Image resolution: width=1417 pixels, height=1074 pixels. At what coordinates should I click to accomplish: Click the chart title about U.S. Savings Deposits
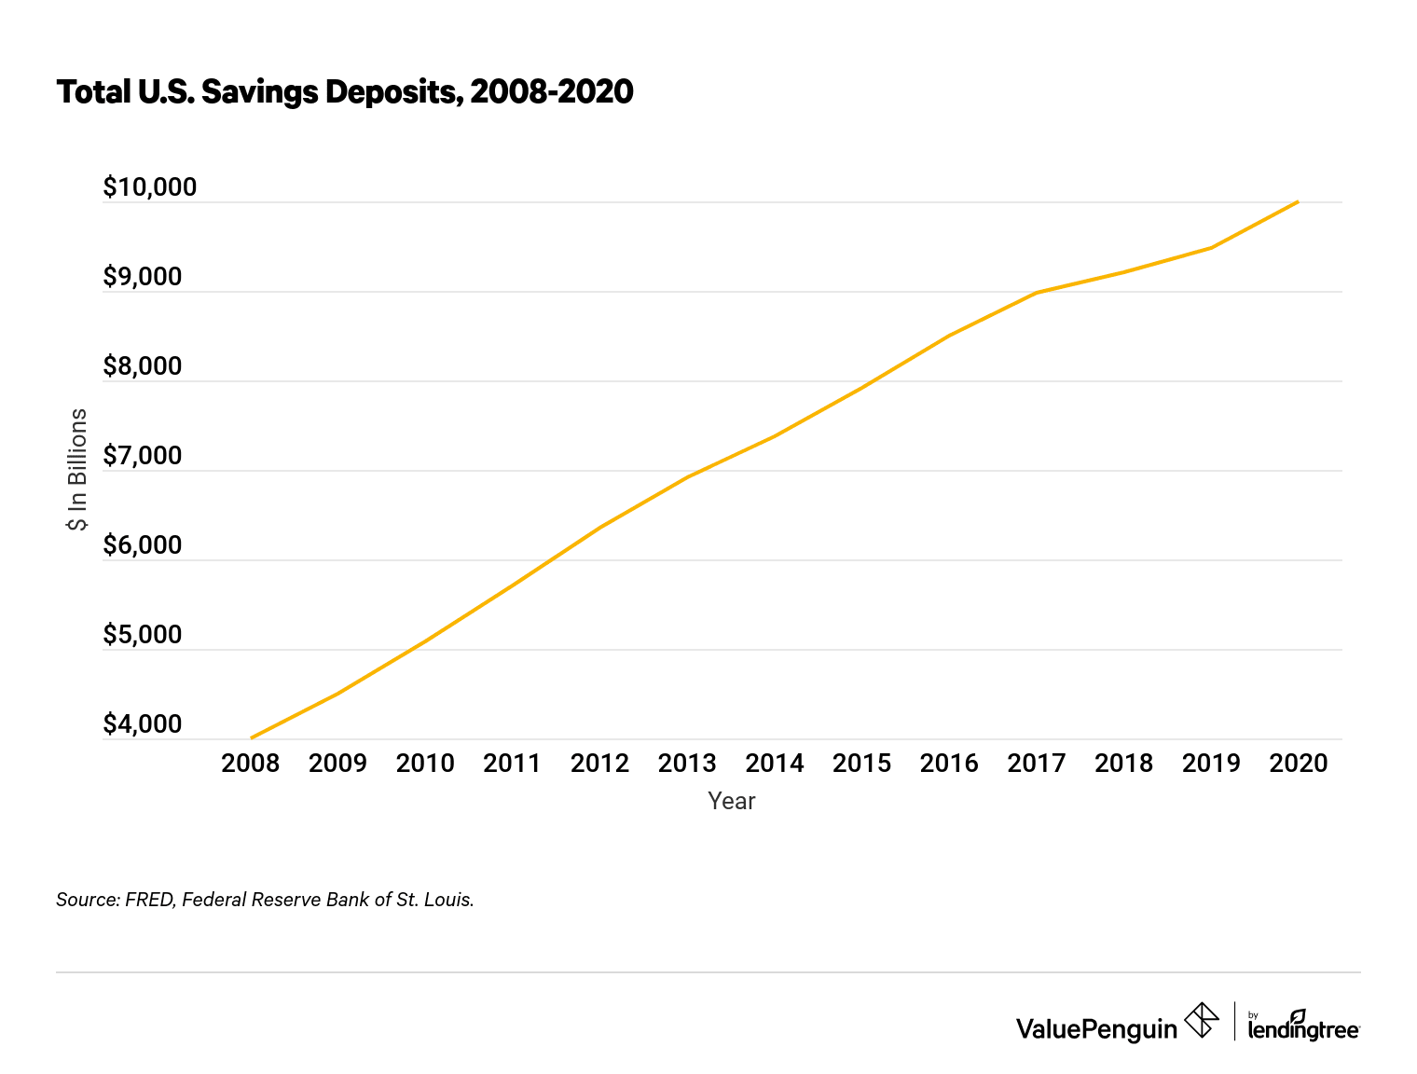tap(345, 92)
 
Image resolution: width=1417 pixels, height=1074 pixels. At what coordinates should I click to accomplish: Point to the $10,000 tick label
tap(150, 187)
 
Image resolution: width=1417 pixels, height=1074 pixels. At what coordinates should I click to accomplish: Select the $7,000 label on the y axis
tap(143, 456)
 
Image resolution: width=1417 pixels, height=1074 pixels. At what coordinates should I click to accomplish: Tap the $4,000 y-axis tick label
tap(143, 724)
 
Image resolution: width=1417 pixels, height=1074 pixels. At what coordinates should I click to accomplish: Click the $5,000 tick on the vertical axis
tap(143, 635)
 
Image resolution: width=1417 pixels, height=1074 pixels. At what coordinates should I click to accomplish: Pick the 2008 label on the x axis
tap(251, 764)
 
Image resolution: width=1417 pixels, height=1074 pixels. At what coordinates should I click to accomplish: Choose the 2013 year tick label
tap(687, 764)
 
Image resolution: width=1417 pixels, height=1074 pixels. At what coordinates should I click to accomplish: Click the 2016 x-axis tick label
tap(949, 764)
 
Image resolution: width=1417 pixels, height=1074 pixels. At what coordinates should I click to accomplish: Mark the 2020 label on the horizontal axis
tap(1299, 764)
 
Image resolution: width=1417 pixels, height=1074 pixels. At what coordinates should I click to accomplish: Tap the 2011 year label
tap(513, 764)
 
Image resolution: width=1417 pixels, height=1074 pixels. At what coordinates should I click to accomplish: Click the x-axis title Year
tap(731, 801)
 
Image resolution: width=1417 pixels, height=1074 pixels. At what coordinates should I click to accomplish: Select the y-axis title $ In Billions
tap(77, 470)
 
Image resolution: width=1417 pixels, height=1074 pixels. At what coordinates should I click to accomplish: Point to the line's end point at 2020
tap(1298, 201)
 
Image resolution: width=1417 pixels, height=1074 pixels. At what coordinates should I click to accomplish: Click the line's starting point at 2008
tap(252, 737)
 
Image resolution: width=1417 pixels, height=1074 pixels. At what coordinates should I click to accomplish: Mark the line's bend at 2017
tap(1037, 293)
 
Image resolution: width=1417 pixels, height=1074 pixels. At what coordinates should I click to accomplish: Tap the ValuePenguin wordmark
tap(1096, 1029)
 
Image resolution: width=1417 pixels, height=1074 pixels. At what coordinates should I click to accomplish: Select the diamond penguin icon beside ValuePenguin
tap(1201, 1020)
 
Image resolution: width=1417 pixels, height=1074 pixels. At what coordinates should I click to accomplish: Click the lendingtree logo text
tap(1303, 1029)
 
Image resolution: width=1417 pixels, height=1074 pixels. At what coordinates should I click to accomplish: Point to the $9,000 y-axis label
tap(143, 277)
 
